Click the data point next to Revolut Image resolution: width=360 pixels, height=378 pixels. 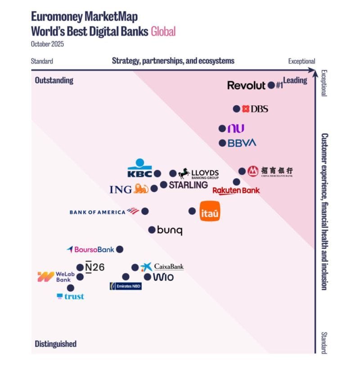click(x=271, y=84)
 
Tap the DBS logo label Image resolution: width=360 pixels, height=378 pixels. click(x=255, y=109)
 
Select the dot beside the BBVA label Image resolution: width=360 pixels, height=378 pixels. click(x=222, y=143)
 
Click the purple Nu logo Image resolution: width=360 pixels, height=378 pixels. click(x=236, y=129)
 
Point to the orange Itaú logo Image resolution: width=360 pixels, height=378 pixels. click(x=210, y=211)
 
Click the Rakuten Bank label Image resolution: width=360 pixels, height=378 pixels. click(x=236, y=191)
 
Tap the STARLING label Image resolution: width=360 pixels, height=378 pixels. click(x=188, y=185)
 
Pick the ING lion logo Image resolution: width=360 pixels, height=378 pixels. click(x=141, y=189)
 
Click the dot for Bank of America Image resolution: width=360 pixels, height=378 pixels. click(x=145, y=211)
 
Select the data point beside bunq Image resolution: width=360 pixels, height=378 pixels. click(x=152, y=230)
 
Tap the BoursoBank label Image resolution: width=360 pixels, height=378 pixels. click(x=90, y=249)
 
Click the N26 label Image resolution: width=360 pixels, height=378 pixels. click(x=94, y=267)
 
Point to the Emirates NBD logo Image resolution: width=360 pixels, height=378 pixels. click(x=126, y=286)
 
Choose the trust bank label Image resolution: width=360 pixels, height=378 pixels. click(x=71, y=297)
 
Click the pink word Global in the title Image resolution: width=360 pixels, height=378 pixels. click(x=163, y=31)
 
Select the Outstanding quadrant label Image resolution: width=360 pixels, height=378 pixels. click(x=54, y=80)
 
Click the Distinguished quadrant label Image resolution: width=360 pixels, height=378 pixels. click(x=55, y=344)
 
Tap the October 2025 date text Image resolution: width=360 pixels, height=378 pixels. click(x=48, y=44)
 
